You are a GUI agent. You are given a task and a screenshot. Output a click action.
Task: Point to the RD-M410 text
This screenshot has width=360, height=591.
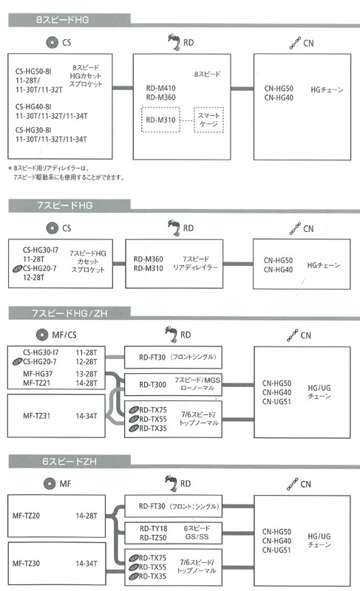point(160,87)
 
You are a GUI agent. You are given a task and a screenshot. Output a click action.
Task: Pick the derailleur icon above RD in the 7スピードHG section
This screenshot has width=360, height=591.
point(171,226)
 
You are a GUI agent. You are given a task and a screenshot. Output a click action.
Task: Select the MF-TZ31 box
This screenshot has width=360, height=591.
point(56,416)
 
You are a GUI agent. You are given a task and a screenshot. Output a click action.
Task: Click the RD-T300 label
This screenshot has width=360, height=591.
point(153,384)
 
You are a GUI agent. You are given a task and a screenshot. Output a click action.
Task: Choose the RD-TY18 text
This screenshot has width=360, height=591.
point(154,528)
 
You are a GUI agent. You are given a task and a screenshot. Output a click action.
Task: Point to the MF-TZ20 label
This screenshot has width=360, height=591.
point(30,515)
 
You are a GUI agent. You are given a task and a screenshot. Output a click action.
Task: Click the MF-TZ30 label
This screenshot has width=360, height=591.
point(30,564)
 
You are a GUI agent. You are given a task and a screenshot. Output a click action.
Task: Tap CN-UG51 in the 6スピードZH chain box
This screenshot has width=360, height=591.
point(278,550)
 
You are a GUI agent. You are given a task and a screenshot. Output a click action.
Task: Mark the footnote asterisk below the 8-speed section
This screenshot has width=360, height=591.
point(10,168)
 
